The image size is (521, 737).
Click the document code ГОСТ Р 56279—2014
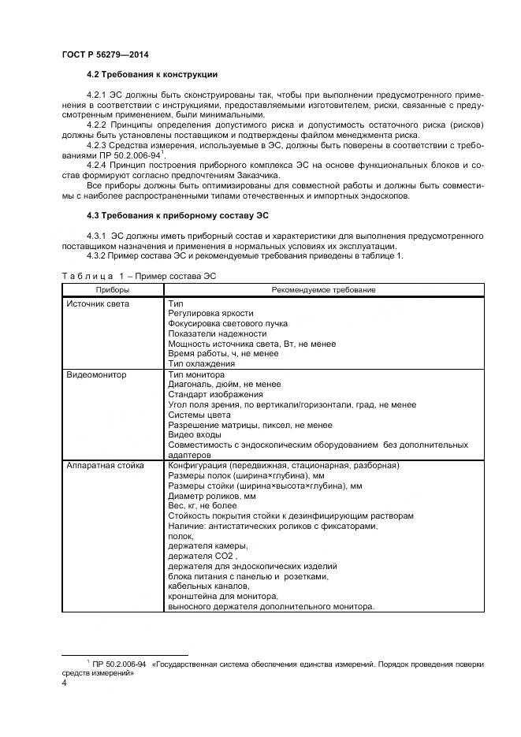(104, 54)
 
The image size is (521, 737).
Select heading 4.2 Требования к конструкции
(152, 76)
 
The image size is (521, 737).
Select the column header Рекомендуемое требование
(323, 290)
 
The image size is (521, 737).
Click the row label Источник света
(99, 303)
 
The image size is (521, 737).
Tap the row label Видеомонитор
(96, 375)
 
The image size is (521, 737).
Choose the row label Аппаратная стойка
(105, 466)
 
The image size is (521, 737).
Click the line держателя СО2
(198, 556)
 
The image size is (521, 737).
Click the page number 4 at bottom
(64, 683)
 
